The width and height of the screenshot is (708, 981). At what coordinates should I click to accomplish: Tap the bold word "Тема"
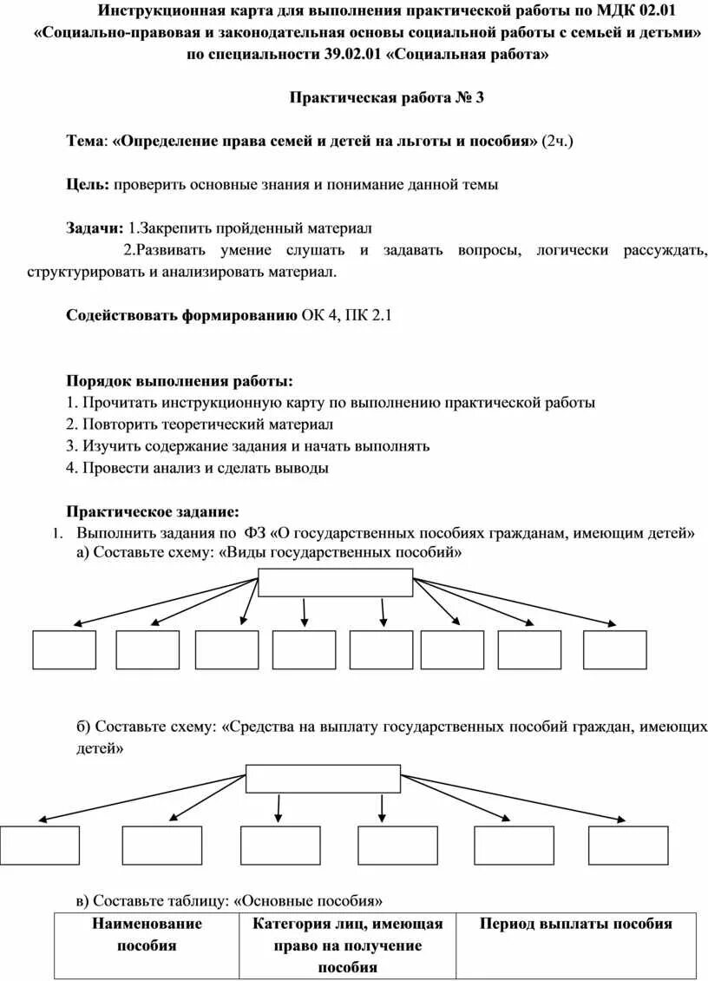click(85, 142)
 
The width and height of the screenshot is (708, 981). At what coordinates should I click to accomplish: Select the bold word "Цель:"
click(88, 184)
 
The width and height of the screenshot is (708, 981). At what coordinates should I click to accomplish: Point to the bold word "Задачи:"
click(95, 227)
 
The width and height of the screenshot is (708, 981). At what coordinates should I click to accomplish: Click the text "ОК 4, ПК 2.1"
click(346, 316)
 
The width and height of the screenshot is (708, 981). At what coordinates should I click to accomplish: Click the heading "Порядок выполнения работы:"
click(180, 381)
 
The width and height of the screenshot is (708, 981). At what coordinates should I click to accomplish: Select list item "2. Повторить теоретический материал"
click(199, 425)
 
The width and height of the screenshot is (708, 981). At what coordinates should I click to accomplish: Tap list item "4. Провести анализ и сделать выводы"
click(197, 467)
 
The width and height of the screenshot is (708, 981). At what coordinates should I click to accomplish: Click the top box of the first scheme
click(336, 582)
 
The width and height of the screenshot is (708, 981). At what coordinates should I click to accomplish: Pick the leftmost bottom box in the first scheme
click(64, 649)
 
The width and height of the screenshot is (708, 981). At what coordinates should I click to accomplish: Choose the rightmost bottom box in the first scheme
click(614, 649)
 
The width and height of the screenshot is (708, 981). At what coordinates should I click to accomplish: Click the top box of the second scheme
click(323, 779)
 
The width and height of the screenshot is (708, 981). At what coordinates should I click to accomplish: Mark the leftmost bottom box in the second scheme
click(39, 845)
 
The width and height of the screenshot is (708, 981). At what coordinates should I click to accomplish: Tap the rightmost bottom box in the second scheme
click(628, 845)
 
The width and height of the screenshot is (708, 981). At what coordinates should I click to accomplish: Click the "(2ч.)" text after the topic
click(557, 142)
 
